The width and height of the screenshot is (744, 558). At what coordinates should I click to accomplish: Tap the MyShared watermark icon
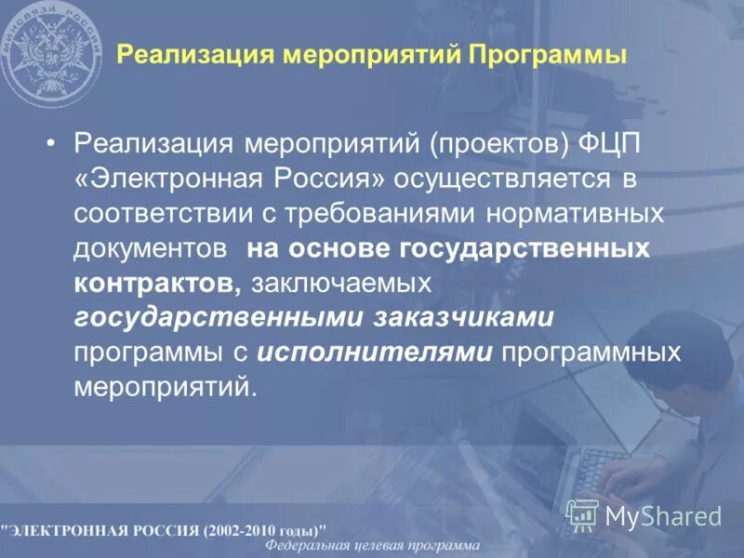coord(582,513)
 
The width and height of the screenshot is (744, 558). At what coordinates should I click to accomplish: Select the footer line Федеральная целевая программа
coord(373,546)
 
